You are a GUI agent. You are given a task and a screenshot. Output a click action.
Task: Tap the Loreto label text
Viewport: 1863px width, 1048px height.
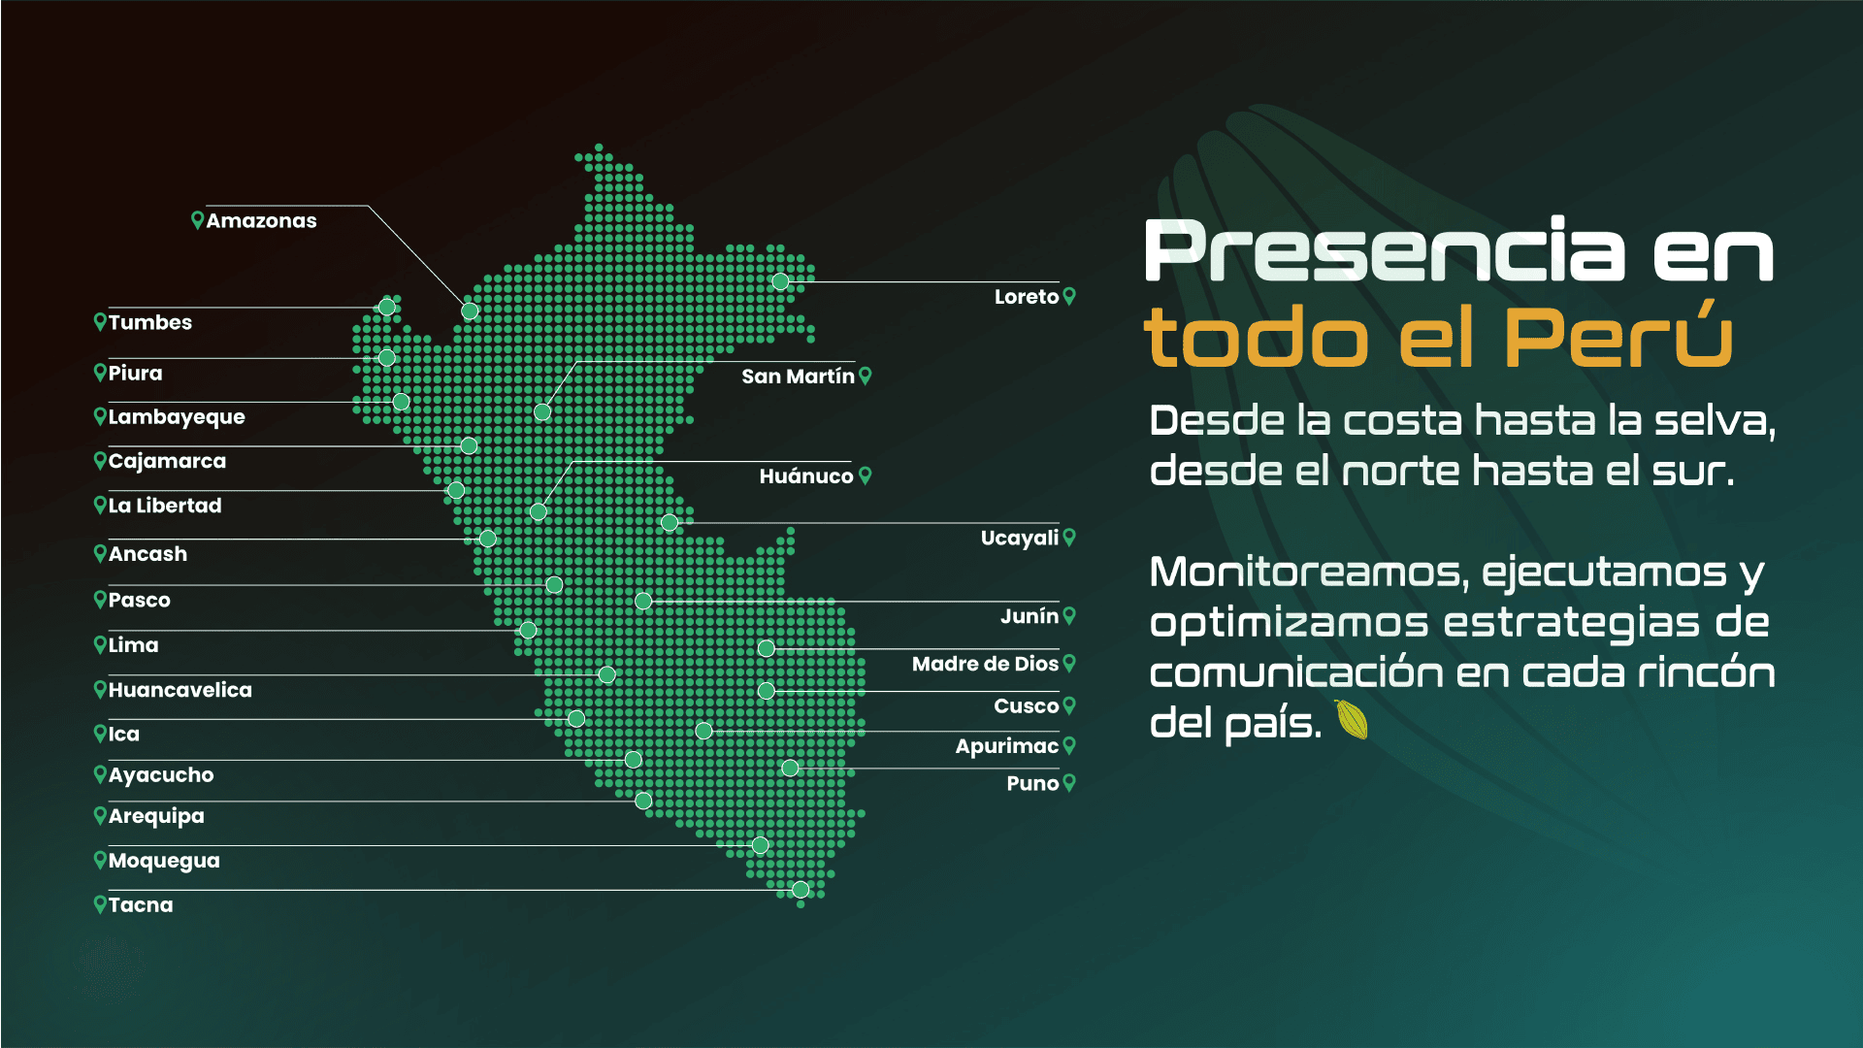pos(1026,297)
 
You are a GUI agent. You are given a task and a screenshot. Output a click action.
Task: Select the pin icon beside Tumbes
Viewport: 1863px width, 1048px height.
pos(100,321)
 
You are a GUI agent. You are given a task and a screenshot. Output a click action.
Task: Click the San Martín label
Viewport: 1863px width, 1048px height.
pos(798,377)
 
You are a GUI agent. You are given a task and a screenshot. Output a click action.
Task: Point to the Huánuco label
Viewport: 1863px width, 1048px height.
pos(805,476)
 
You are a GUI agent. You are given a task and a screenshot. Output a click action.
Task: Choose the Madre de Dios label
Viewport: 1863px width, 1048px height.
pos(984,664)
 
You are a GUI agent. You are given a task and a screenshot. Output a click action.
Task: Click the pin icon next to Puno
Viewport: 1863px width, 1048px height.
pos(1069,782)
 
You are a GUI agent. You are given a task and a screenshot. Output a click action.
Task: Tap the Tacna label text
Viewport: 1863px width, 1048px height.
pos(141,905)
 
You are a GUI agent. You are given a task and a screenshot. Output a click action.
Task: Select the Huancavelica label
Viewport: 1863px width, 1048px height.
pos(180,690)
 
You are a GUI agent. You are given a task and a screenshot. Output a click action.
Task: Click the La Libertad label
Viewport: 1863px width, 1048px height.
pos(165,506)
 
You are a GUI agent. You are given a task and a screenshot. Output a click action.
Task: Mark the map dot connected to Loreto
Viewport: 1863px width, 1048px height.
pos(780,281)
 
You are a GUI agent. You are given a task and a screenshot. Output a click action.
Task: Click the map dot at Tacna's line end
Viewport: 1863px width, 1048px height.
pos(801,889)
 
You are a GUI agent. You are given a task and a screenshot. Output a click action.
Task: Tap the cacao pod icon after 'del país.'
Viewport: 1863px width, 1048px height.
pos(1352,720)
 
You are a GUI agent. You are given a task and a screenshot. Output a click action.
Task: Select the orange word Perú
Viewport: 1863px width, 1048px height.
pos(1618,336)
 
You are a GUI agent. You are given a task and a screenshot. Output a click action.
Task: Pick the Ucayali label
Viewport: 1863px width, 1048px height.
pos(1019,539)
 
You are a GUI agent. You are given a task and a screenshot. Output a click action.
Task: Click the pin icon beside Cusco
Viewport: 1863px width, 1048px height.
pos(1069,705)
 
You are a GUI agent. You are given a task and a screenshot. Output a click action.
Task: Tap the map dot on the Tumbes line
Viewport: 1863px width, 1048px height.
pos(386,308)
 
